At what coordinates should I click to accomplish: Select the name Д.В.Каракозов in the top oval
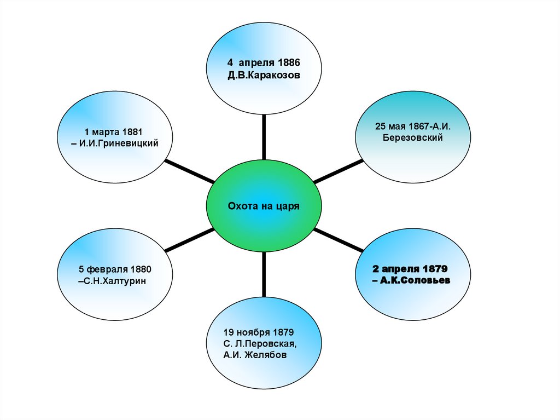pyautogui.click(x=264, y=75)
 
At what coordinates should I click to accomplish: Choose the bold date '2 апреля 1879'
pyautogui.click(x=410, y=269)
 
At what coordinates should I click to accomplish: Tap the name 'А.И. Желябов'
pyautogui.click(x=255, y=355)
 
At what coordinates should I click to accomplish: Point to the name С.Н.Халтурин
pyautogui.click(x=115, y=281)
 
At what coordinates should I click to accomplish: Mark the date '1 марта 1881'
pyautogui.click(x=113, y=131)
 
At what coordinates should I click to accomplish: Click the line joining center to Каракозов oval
pyautogui.click(x=264, y=137)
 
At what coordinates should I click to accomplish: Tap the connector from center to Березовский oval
pyautogui.click(x=337, y=171)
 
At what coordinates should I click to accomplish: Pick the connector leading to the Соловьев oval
pyautogui.click(x=339, y=241)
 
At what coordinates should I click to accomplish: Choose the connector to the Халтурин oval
pyautogui.click(x=189, y=241)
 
